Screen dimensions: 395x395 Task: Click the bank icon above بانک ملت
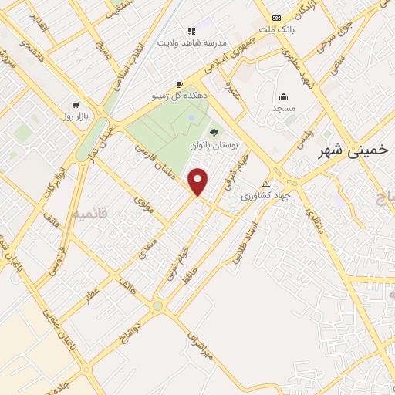click(x=276, y=17)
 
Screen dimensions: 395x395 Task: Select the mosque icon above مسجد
click(x=283, y=96)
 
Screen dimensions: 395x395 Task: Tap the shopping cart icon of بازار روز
click(x=75, y=104)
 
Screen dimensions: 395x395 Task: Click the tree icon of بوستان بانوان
click(x=214, y=133)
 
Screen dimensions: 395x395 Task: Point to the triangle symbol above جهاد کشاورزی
click(x=265, y=185)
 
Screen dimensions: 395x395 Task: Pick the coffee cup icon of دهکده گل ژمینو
click(x=179, y=84)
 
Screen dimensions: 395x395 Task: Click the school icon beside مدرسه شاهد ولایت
click(x=191, y=31)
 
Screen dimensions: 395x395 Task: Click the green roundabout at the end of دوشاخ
click(x=157, y=306)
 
